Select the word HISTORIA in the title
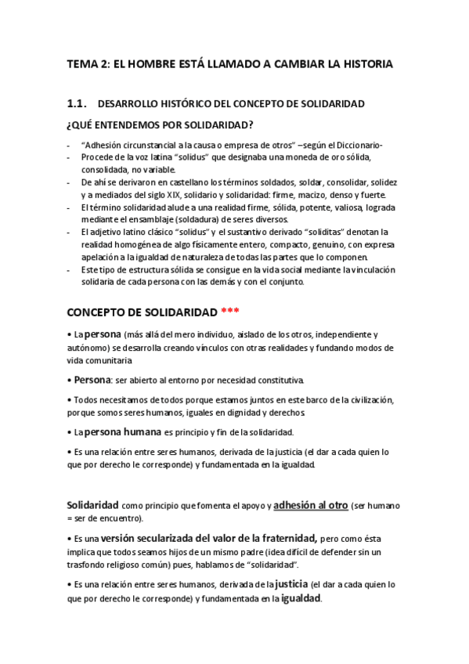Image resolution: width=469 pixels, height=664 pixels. (x=363, y=63)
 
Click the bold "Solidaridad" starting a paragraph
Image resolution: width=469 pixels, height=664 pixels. (x=92, y=506)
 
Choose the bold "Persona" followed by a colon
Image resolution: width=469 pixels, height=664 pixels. (x=92, y=380)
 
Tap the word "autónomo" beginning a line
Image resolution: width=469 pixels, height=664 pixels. (x=85, y=348)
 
